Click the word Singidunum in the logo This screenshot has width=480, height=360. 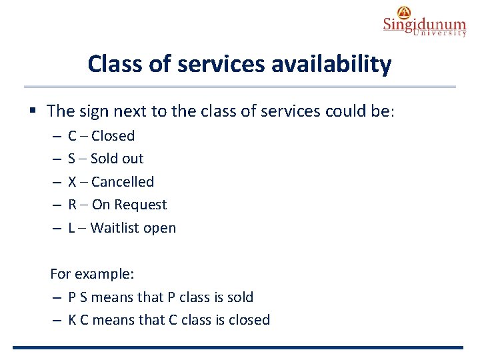click(x=424, y=25)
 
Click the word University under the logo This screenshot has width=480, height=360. click(x=439, y=34)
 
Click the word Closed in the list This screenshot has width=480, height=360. click(x=113, y=136)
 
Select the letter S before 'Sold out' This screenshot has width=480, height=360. click(x=71, y=159)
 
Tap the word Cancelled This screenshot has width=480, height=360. click(x=122, y=182)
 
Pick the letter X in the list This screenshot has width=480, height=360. click(x=72, y=182)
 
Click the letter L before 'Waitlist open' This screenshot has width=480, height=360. click(x=71, y=228)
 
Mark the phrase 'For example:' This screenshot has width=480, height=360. click(x=83, y=274)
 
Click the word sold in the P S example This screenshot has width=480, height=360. click(x=239, y=297)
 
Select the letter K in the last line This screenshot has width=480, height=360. click(x=72, y=320)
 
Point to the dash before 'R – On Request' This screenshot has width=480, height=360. click(x=54, y=205)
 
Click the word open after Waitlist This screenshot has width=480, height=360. click(x=162, y=228)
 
